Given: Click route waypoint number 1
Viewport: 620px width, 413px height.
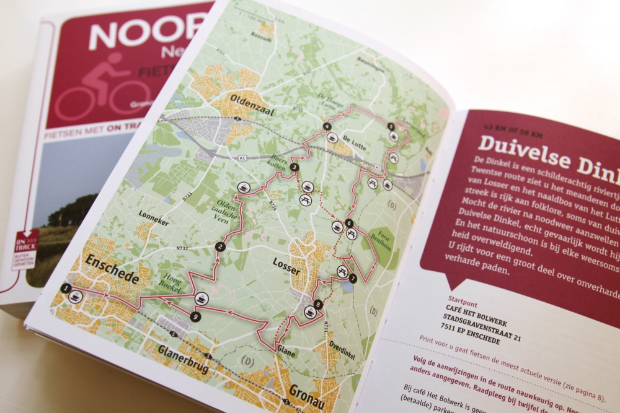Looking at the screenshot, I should pyautogui.click(x=66, y=288).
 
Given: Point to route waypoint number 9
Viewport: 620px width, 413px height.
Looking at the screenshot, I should pyautogui.click(x=196, y=316).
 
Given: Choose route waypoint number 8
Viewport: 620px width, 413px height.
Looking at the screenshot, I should pyautogui.click(x=318, y=304).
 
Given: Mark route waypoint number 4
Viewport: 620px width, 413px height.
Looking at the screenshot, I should pyautogui.click(x=326, y=128).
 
